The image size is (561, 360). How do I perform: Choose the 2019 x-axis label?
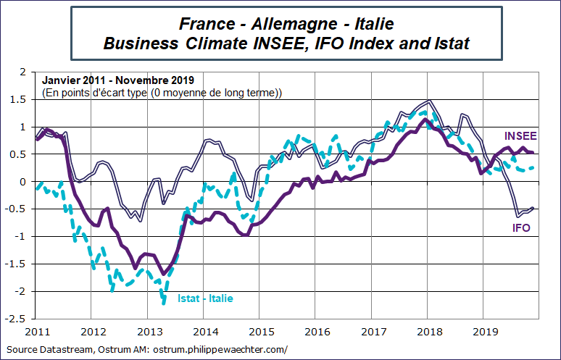click(484, 332)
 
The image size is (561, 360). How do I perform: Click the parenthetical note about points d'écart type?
click(162, 93)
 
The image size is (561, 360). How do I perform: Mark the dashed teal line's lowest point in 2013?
click(164, 302)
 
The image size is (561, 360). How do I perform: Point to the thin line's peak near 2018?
click(431, 101)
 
